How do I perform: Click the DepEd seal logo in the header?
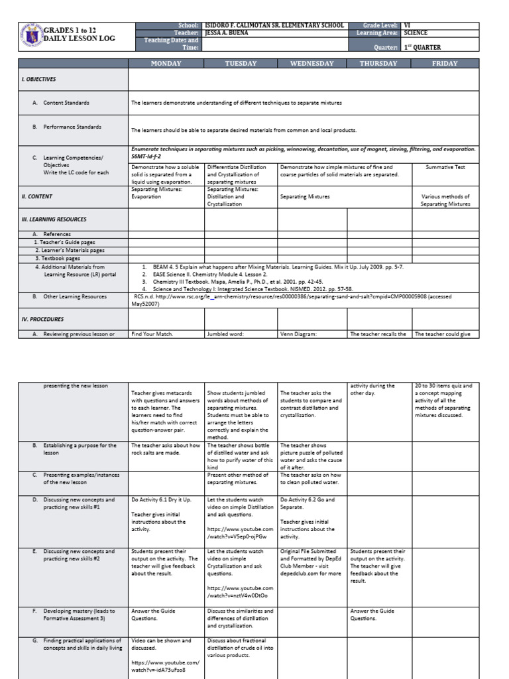click(x=31, y=36)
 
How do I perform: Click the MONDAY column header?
click(x=166, y=64)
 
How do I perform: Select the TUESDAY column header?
click(x=241, y=64)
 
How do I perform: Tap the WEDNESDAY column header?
click(x=311, y=64)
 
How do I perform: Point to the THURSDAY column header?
click(x=378, y=64)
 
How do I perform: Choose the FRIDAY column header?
click(x=445, y=64)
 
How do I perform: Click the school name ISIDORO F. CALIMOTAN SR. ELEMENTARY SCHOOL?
click(x=273, y=25)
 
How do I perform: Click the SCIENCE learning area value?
click(x=416, y=32)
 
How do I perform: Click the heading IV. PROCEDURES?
click(x=41, y=319)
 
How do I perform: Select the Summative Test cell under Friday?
click(x=445, y=167)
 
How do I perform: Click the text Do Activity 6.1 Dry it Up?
click(x=163, y=500)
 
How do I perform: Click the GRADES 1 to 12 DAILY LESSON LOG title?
click(x=79, y=34)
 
